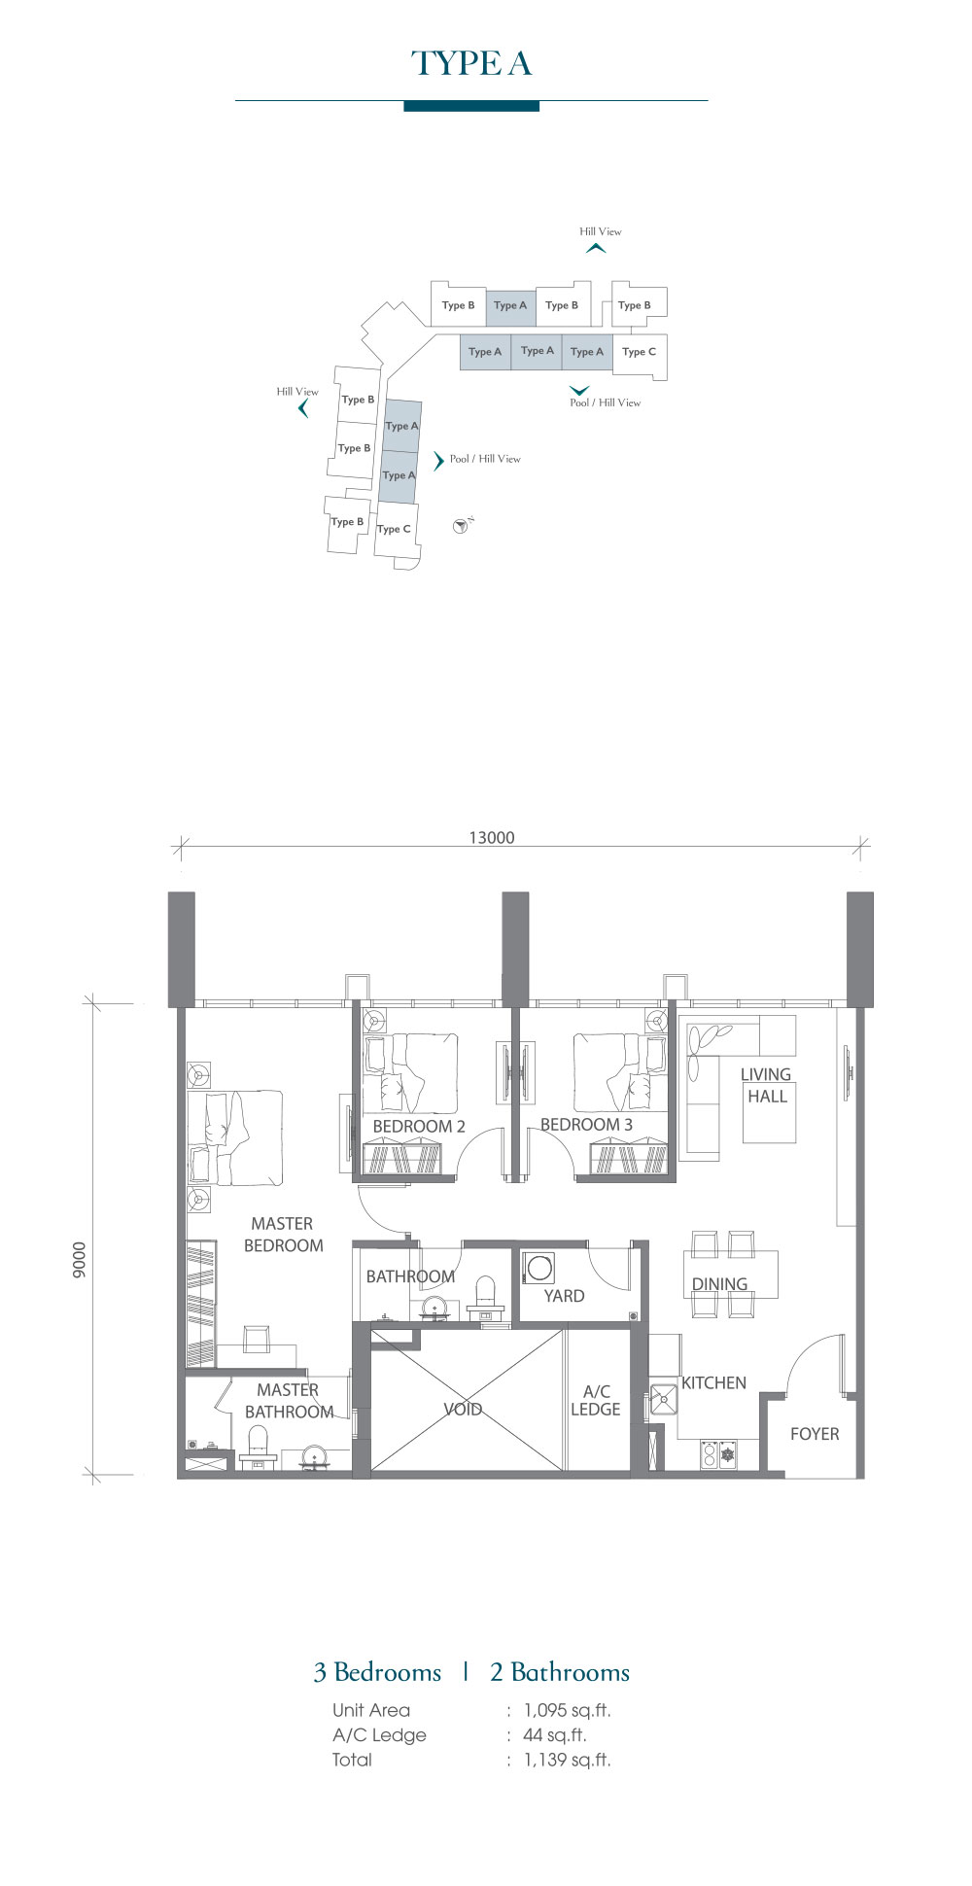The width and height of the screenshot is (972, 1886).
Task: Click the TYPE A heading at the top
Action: tap(471, 63)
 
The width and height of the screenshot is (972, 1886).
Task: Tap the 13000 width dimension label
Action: tap(492, 838)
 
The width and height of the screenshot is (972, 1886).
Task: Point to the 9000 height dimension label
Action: tap(80, 1260)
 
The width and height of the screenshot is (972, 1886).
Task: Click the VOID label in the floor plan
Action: tap(463, 1409)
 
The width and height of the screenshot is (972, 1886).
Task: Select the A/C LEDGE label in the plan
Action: tap(596, 1400)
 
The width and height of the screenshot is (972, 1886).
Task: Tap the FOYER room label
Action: tap(815, 1434)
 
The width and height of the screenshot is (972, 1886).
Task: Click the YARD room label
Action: tap(564, 1296)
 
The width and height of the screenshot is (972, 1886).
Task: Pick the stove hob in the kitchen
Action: tap(718, 1454)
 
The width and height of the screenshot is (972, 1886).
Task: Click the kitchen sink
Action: tap(664, 1399)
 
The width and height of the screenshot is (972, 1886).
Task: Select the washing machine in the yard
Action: tap(539, 1268)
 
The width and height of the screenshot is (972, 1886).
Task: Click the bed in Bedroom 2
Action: tap(410, 1073)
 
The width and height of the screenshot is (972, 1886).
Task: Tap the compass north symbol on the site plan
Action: tap(462, 526)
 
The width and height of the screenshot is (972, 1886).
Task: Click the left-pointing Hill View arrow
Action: tap(303, 408)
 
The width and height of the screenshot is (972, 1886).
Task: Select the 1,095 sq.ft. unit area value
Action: tap(568, 1710)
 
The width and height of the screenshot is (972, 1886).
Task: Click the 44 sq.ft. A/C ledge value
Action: tap(554, 1734)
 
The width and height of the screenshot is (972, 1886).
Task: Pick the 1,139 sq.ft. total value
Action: tap(568, 1759)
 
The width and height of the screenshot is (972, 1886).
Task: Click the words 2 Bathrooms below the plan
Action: tap(560, 1672)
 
